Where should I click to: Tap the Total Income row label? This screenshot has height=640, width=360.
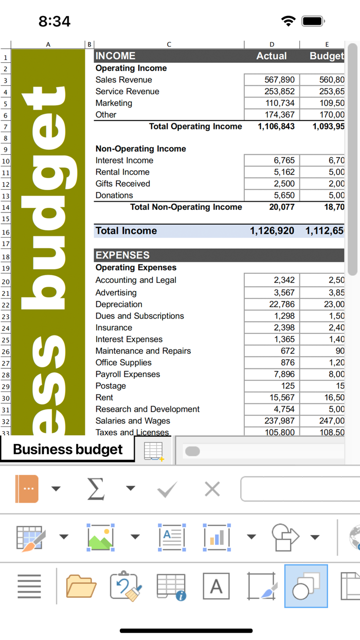tap(126, 231)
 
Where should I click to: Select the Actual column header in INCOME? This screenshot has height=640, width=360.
tap(272, 56)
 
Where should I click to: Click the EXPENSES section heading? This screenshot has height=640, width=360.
tap(122, 255)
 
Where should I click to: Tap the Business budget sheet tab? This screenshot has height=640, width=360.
tap(67, 449)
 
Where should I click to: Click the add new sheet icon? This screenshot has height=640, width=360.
tap(154, 451)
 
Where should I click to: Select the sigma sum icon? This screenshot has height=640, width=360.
tap(96, 488)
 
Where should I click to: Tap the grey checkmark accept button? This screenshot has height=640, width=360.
tap(167, 489)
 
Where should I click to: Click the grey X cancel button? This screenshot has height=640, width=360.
tap(212, 489)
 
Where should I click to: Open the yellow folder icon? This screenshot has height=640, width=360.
tap(81, 586)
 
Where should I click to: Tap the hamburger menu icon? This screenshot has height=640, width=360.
tap(29, 586)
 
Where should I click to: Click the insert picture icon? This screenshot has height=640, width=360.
tap(101, 537)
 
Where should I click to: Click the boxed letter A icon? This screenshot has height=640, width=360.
tap(216, 586)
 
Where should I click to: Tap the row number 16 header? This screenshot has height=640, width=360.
tap(6, 233)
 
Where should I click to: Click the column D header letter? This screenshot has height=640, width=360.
tap(272, 44)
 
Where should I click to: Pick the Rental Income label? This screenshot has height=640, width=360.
tap(122, 172)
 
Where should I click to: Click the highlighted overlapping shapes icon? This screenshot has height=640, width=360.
tap(306, 586)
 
